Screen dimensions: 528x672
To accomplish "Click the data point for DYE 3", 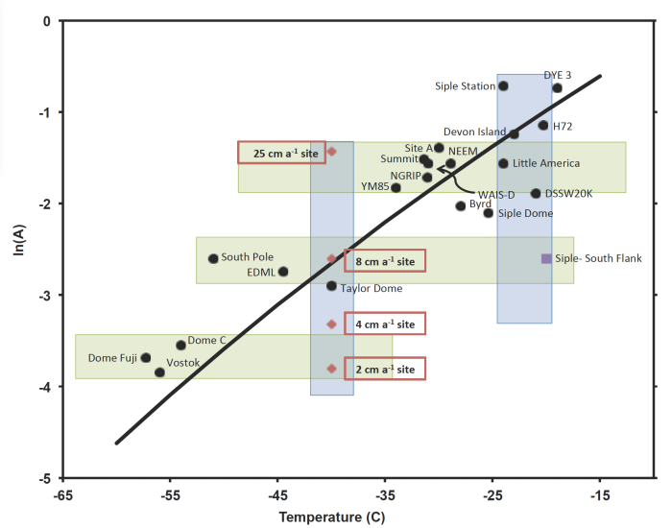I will (x=557, y=88).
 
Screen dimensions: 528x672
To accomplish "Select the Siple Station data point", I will (x=503, y=85).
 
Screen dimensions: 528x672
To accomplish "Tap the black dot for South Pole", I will (x=213, y=258).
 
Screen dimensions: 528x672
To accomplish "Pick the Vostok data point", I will (x=159, y=372).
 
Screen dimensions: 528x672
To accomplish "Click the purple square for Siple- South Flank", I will (x=546, y=258).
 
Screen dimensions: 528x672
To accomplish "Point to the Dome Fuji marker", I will (x=146, y=358).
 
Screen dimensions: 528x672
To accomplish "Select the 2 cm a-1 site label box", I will (x=384, y=369).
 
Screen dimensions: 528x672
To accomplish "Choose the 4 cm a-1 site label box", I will (x=384, y=324).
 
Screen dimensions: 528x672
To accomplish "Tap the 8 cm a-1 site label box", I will (x=384, y=260).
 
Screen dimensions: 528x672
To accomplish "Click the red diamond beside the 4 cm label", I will (x=332, y=324).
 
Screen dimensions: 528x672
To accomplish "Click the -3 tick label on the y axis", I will (x=43, y=295).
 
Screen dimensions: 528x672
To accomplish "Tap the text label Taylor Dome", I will (x=372, y=288).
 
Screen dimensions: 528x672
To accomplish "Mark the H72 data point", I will (x=543, y=125).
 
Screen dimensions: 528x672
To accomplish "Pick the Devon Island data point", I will (x=515, y=133).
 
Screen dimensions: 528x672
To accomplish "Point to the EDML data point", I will (x=283, y=272).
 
